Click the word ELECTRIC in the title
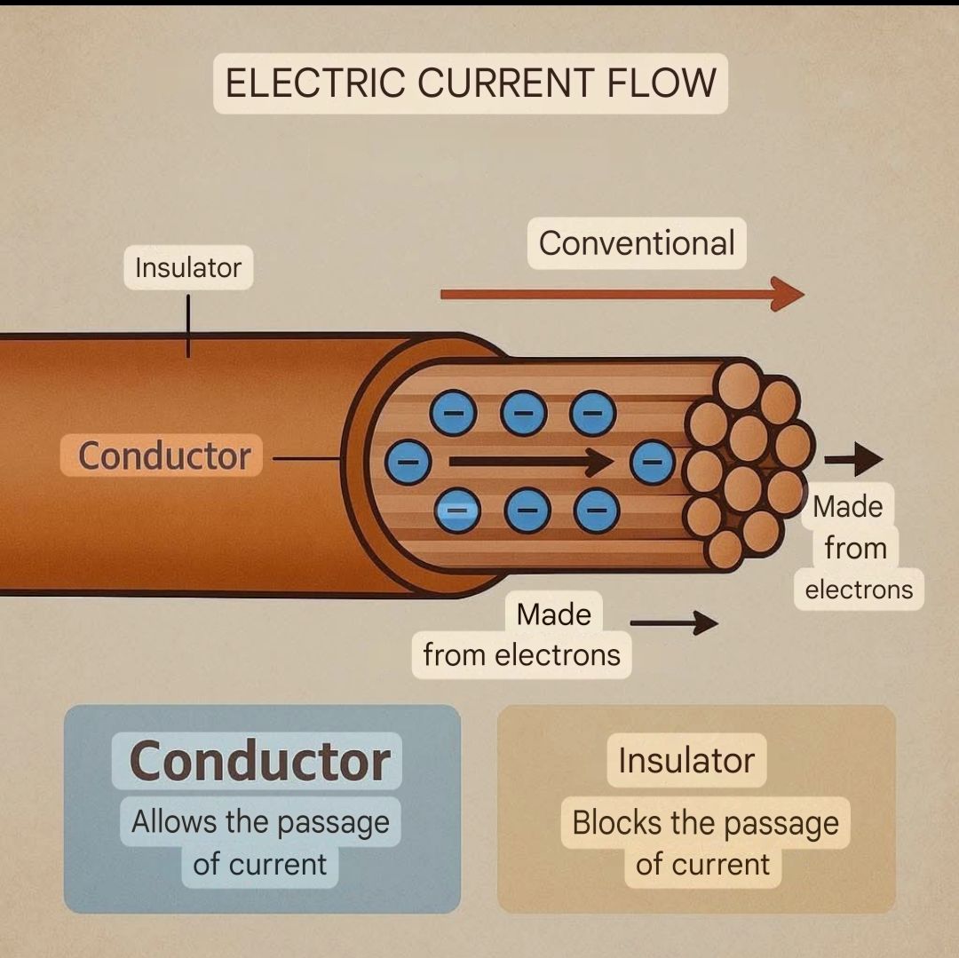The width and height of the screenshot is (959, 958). coord(315,83)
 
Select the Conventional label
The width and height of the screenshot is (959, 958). coord(637,243)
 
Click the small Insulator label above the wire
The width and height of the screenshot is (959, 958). coord(188,268)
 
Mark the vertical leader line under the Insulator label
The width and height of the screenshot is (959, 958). coord(187,326)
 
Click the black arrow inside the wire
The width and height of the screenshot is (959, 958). coord(531,462)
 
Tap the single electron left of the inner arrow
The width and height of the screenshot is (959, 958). coord(408,462)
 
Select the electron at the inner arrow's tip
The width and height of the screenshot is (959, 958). coord(654,463)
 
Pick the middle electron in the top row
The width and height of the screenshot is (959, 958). coord(523,413)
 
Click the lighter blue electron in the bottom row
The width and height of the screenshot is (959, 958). coord(457,511)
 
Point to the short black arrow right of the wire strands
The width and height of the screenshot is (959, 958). coord(854,459)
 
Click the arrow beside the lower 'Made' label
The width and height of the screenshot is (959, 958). coord(674,623)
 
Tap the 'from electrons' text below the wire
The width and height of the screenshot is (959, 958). coord(522,654)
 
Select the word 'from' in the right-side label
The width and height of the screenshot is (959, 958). coord(856,548)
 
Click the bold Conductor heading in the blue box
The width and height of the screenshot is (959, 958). coord(259,761)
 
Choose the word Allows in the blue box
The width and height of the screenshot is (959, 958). coord(174,821)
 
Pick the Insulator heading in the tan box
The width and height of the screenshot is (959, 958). coord(686,761)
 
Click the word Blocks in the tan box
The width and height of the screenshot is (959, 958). coord(617,822)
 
